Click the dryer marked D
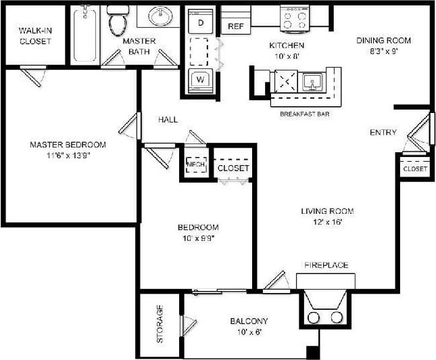(x=200, y=22)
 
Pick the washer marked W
(x=200, y=78)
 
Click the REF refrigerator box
(x=235, y=26)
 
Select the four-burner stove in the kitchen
(x=295, y=18)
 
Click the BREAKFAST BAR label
(x=304, y=114)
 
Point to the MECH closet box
(x=195, y=164)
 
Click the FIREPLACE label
(x=326, y=265)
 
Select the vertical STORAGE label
(x=160, y=324)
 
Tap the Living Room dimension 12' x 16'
(x=327, y=223)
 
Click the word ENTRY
(x=383, y=132)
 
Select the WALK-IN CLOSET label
(x=35, y=36)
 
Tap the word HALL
(x=168, y=119)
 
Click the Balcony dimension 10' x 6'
(x=249, y=332)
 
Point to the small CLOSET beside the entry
(x=414, y=168)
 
